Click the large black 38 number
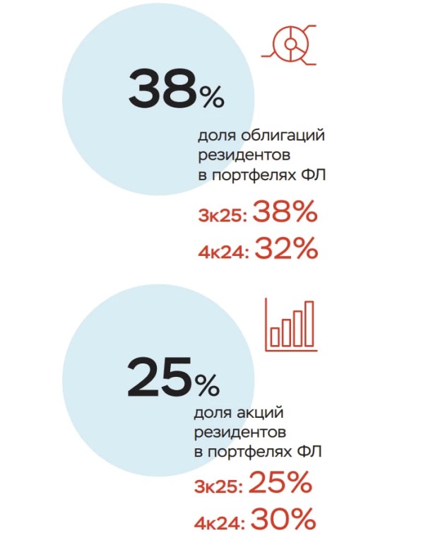point(162,88)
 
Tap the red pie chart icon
point(289,45)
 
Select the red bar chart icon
point(291,325)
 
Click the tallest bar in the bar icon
point(309,324)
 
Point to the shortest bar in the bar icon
point(275,337)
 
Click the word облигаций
point(283,136)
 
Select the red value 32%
point(286,249)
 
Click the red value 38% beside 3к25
point(285,211)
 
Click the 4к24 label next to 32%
point(223,253)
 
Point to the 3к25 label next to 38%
point(223,216)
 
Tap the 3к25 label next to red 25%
point(218,486)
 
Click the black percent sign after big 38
point(211,97)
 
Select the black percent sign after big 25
point(207,385)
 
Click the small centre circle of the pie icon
point(289,44)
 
